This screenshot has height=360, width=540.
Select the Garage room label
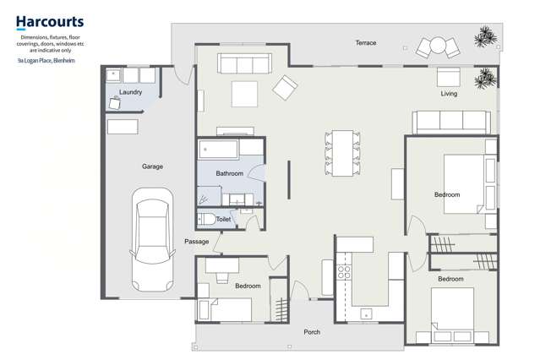[x=152, y=166]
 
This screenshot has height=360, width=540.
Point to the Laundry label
[x=130, y=92]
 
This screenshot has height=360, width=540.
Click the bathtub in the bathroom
[x=218, y=150]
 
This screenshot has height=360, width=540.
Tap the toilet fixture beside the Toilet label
[x=205, y=219]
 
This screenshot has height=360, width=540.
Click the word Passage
[x=196, y=242]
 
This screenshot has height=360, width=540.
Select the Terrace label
[x=365, y=42]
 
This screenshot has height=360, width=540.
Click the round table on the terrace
[x=438, y=45]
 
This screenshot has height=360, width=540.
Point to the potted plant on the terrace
[x=484, y=37]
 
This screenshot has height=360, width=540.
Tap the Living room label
[x=449, y=94]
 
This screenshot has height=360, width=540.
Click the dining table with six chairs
[x=343, y=153]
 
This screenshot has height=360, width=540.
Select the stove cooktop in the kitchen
[x=344, y=273]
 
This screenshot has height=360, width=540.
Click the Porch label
[x=312, y=332]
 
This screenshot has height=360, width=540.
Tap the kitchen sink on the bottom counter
[x=366, y=314]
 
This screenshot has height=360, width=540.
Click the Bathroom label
[x=229, y=173]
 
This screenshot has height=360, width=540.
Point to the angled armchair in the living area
[x=285, y=85]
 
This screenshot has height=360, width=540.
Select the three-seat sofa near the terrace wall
[x=243, y=63]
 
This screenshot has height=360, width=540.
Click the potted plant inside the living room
[x=485, y=80]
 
